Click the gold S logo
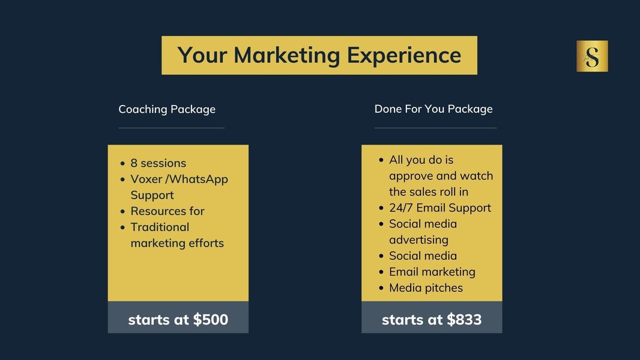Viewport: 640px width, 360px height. (592, 56)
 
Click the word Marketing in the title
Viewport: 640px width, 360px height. (286, 56)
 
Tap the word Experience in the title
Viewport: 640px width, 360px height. (404, 56)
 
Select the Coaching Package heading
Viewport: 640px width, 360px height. (167, 109)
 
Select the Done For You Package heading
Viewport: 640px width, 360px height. (433, 109)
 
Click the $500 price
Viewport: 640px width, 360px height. (211, 320)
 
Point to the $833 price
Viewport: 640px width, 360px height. (465, 320)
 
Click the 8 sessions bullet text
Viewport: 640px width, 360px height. (158, 163)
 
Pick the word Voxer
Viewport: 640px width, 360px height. (146, 179)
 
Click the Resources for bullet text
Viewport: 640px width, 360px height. (168, 211)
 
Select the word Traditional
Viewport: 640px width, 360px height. (160, 227)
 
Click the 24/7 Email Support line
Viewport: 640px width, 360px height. (440, 208)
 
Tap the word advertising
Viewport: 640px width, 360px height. (419, 240)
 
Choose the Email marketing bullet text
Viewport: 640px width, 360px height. (432, 272)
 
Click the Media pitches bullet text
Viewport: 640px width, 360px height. (426, 288)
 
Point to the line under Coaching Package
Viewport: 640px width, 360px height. (172, 128)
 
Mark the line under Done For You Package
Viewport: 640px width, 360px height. (435, 128)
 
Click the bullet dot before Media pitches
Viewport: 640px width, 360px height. (381, 288)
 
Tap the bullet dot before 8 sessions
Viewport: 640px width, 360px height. (122, 163)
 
